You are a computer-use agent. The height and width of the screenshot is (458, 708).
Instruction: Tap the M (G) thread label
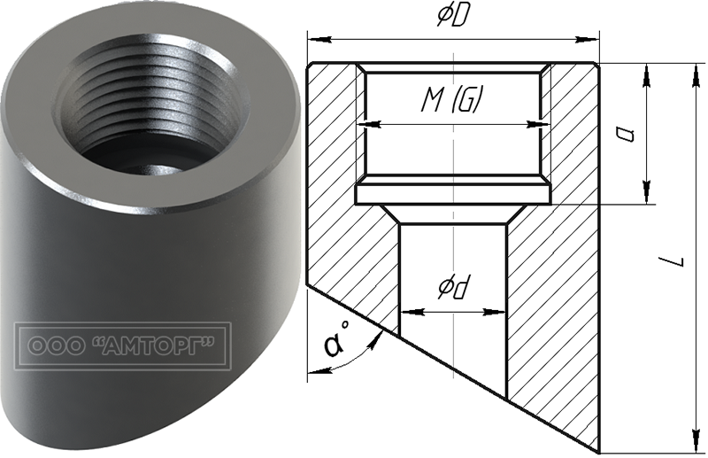[x=450, y=99]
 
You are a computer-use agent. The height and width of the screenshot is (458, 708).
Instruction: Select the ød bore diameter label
[x=453, y=288]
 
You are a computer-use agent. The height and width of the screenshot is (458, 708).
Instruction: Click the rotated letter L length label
[x=672, y=261]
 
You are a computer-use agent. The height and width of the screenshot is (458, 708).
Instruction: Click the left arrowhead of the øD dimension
[x=319, y=40]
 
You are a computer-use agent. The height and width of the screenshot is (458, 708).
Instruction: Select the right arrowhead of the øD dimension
[x=587, y=40]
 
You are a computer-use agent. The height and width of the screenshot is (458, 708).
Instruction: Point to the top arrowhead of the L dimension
[x=693, y=74]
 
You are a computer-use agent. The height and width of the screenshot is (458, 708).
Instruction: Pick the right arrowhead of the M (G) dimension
[x=538, y=123]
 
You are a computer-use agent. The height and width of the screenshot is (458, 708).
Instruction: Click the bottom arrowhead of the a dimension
[x=647, y=191]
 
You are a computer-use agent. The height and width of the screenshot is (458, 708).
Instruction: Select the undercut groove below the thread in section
[x=453, y=194]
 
